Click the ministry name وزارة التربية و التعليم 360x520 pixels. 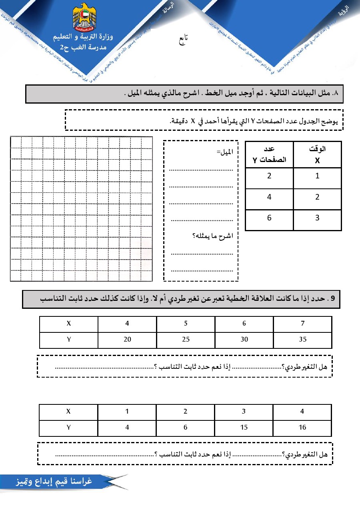84,38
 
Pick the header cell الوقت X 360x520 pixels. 317,154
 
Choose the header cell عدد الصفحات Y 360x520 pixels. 269,154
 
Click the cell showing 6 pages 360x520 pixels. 269,218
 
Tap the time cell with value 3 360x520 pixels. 317,218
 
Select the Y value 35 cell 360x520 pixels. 302,340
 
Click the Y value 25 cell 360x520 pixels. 186,340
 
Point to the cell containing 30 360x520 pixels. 244,340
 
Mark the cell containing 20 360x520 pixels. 127,340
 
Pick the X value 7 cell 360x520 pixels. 302,324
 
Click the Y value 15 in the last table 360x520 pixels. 244,427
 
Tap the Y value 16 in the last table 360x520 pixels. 302,427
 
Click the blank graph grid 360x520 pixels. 81,208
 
